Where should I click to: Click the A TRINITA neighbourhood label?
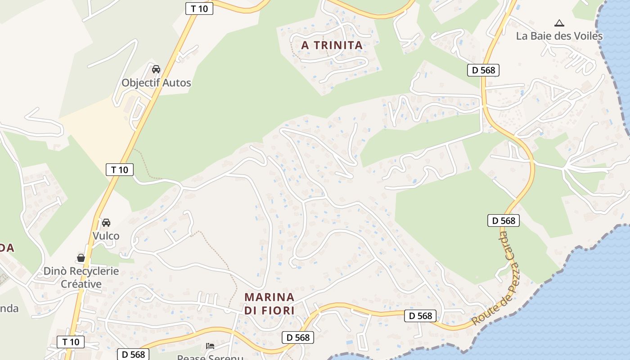coord(332,45)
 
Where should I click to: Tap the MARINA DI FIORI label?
coord(269,304)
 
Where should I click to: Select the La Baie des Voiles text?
coord(559,36)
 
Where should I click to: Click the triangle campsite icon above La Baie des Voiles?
coord(559,23)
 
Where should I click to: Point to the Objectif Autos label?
coord(156,83)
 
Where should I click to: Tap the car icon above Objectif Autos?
coord(156,69)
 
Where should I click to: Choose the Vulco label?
coord(106,236)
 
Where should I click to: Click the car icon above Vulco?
coord(106,222)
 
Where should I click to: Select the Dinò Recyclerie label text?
coord(81,271)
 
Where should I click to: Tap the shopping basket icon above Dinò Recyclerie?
coord(81,258)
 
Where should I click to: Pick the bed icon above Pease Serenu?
coord(210,346)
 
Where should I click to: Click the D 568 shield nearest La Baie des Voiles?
coord(483,70)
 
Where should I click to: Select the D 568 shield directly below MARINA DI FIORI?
coord(297,337)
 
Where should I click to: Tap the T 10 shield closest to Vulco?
coord(120,170)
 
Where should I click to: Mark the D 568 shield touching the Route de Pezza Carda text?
coord(504,220)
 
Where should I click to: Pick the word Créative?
coord(81,284)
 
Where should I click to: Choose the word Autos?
coord(177,83)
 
